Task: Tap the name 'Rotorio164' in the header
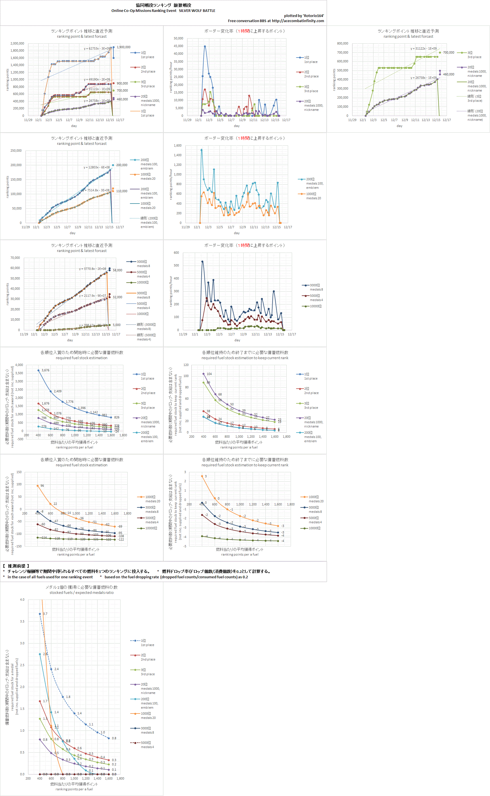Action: (313, 16)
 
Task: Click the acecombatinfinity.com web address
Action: (298, 21)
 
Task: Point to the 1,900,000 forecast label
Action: (123, 47)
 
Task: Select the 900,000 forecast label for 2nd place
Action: (122, 83)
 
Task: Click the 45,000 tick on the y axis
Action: (178, 46)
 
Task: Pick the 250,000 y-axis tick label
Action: (16, 151)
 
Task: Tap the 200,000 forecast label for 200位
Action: (122, 165)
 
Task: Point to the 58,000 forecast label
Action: (117, 270)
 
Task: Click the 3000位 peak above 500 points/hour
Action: (202, 261)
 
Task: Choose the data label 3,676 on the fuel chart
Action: (45, 370)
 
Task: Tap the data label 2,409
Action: (57, 391)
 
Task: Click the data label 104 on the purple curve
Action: (209, 374)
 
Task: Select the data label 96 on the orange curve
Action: (42, 486)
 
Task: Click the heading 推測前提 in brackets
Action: (16, 566)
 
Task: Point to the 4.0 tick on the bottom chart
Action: (22, 600)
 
